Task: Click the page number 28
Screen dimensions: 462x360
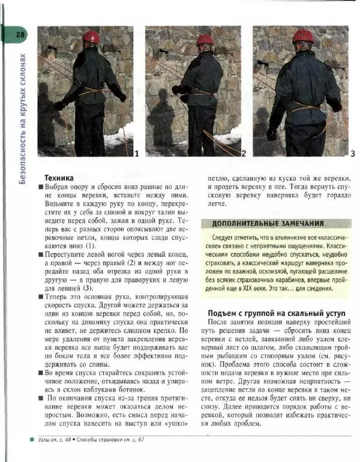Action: point(20,35)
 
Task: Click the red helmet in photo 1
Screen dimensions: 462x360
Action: point(91,37)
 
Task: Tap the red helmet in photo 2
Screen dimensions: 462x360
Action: point(205,40)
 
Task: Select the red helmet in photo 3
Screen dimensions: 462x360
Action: point(303,37)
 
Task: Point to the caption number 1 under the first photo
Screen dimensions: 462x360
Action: point(137,154)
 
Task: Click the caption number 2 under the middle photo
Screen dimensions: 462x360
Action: point(244,154)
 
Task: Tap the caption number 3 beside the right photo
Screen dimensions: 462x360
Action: point(352,154)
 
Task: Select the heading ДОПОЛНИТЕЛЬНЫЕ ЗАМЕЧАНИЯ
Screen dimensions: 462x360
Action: point(268,223)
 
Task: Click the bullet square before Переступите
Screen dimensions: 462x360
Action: point(40,254)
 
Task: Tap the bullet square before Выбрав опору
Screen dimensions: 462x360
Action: point(40,188)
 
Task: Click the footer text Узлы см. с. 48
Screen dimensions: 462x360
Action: point(55,440)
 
